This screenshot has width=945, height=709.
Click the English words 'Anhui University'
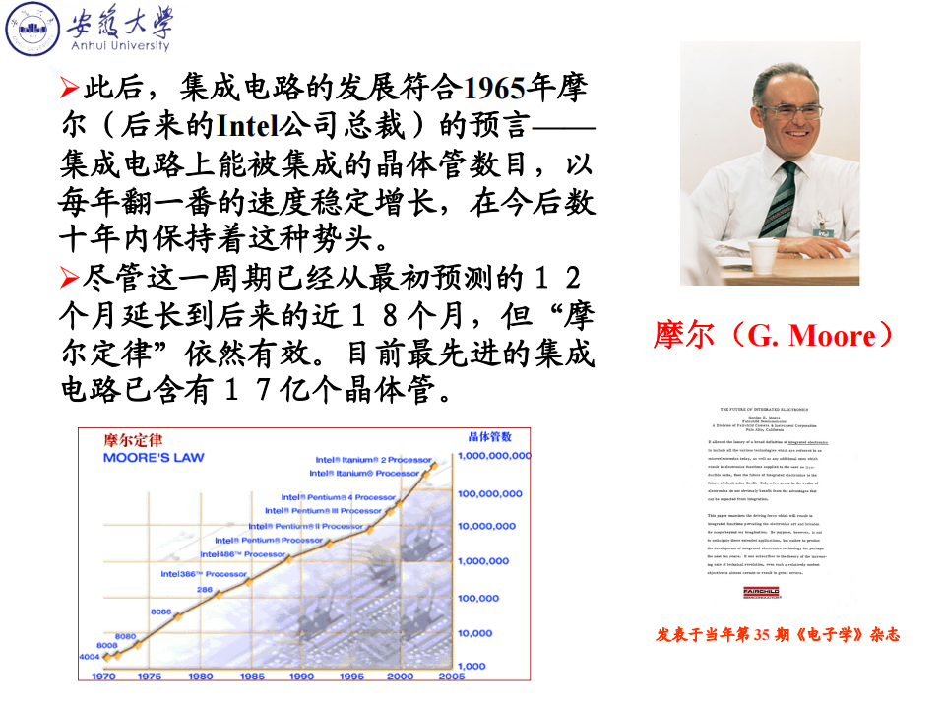pyautogui.click(x=118, y=45)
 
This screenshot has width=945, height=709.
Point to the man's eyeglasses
pyautogui.click(x=792, y=110)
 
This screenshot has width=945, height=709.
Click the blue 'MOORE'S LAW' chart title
pyautogui.click(x=157, y=458)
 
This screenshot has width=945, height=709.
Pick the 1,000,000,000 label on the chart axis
pyautogui.click(x=493, y=456)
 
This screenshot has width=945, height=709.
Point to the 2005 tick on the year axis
pyautogui.click(x=451, y=677)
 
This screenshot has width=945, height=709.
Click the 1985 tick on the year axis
pyautogui.click(x=251, y=677)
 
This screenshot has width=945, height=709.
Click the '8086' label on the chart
pyautogui.click(x=161, y=612)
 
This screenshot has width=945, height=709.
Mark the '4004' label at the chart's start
pyautogui.click(x=90, y=656)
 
